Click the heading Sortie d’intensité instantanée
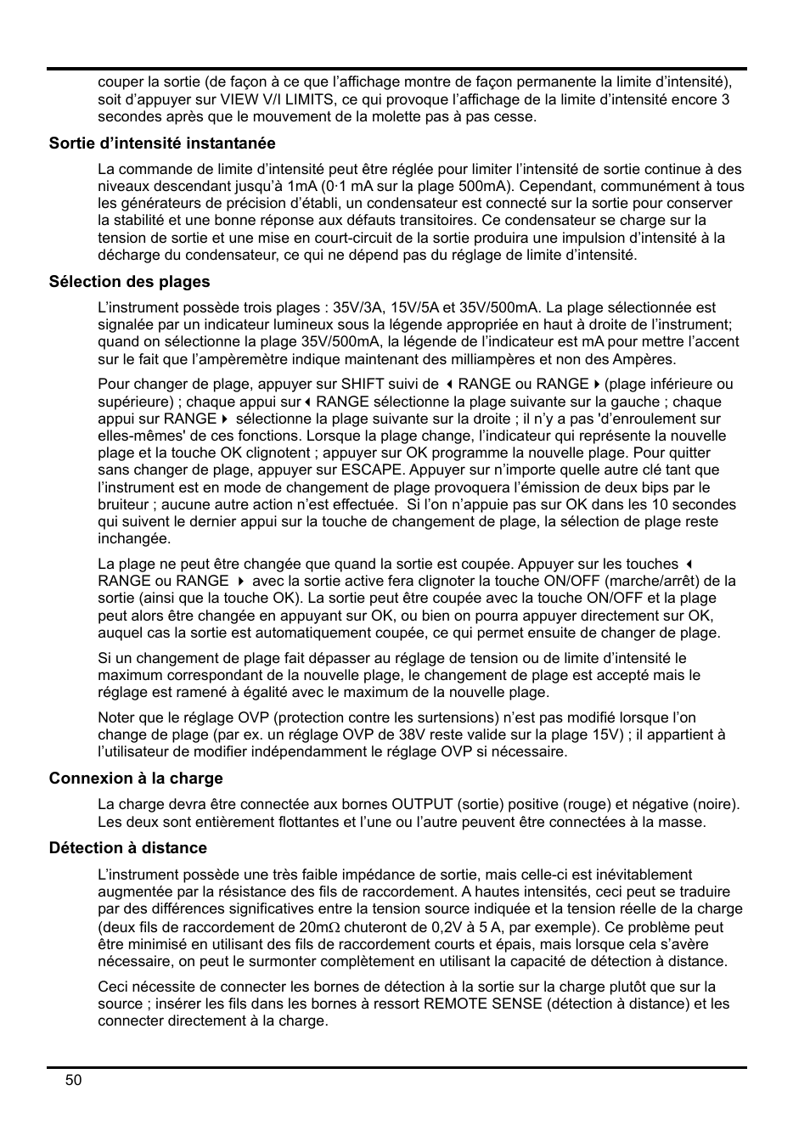161,143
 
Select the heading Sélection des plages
129,281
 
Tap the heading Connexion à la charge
136,778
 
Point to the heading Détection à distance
127,847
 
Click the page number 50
74,1080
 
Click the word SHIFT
363,384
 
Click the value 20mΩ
319,926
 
